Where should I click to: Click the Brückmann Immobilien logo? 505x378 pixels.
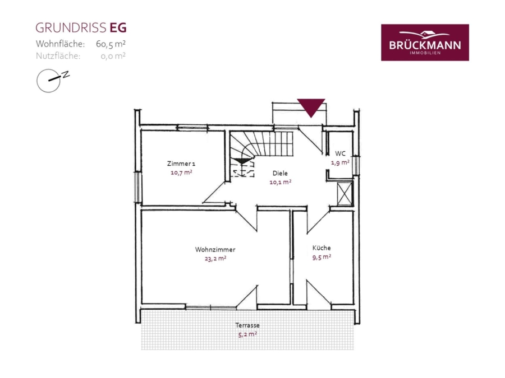(x=425, y=43)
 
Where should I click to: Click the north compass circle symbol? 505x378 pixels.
(x=49, y=81)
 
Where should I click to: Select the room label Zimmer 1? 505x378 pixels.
(x=181, y=164)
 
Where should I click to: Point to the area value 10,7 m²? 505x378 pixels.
(x=181, y=172)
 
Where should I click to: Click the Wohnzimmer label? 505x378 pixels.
(x=215, y=249)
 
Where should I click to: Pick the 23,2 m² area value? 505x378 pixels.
(x=215, y=258)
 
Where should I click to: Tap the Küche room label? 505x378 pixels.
(x=322, y=248)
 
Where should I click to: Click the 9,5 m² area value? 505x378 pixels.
(x=322, y=257)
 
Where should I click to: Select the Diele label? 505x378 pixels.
(x=280, y=173)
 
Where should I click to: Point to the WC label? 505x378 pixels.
(x=340, y=153)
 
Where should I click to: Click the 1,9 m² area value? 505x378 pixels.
(x=340, y=162)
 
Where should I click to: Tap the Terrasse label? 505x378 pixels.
(x=247, y=325)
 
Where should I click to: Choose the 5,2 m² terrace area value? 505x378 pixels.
(x=247, y=334)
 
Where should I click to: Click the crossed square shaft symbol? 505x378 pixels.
(x=345, y=194)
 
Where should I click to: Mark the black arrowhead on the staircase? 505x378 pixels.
(x=243, y=161)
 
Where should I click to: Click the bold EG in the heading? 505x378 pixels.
(x=118, y=28)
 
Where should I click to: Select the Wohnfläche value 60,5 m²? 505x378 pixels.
(x=111, y=44)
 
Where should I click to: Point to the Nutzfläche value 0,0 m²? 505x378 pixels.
(x=113, y=56)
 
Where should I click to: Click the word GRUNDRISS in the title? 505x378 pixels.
(x=71, y=28)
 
